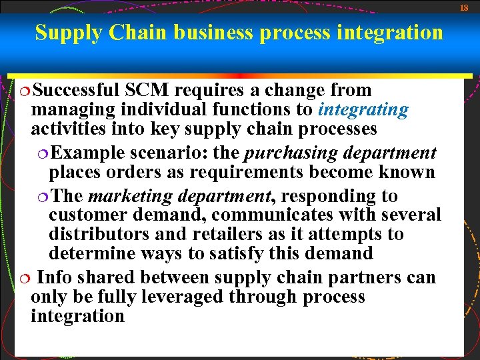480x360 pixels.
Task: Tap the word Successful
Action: tap(75, 90)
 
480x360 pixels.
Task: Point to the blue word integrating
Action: tap(363, 109)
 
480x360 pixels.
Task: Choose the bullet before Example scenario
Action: tap(43, 153)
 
